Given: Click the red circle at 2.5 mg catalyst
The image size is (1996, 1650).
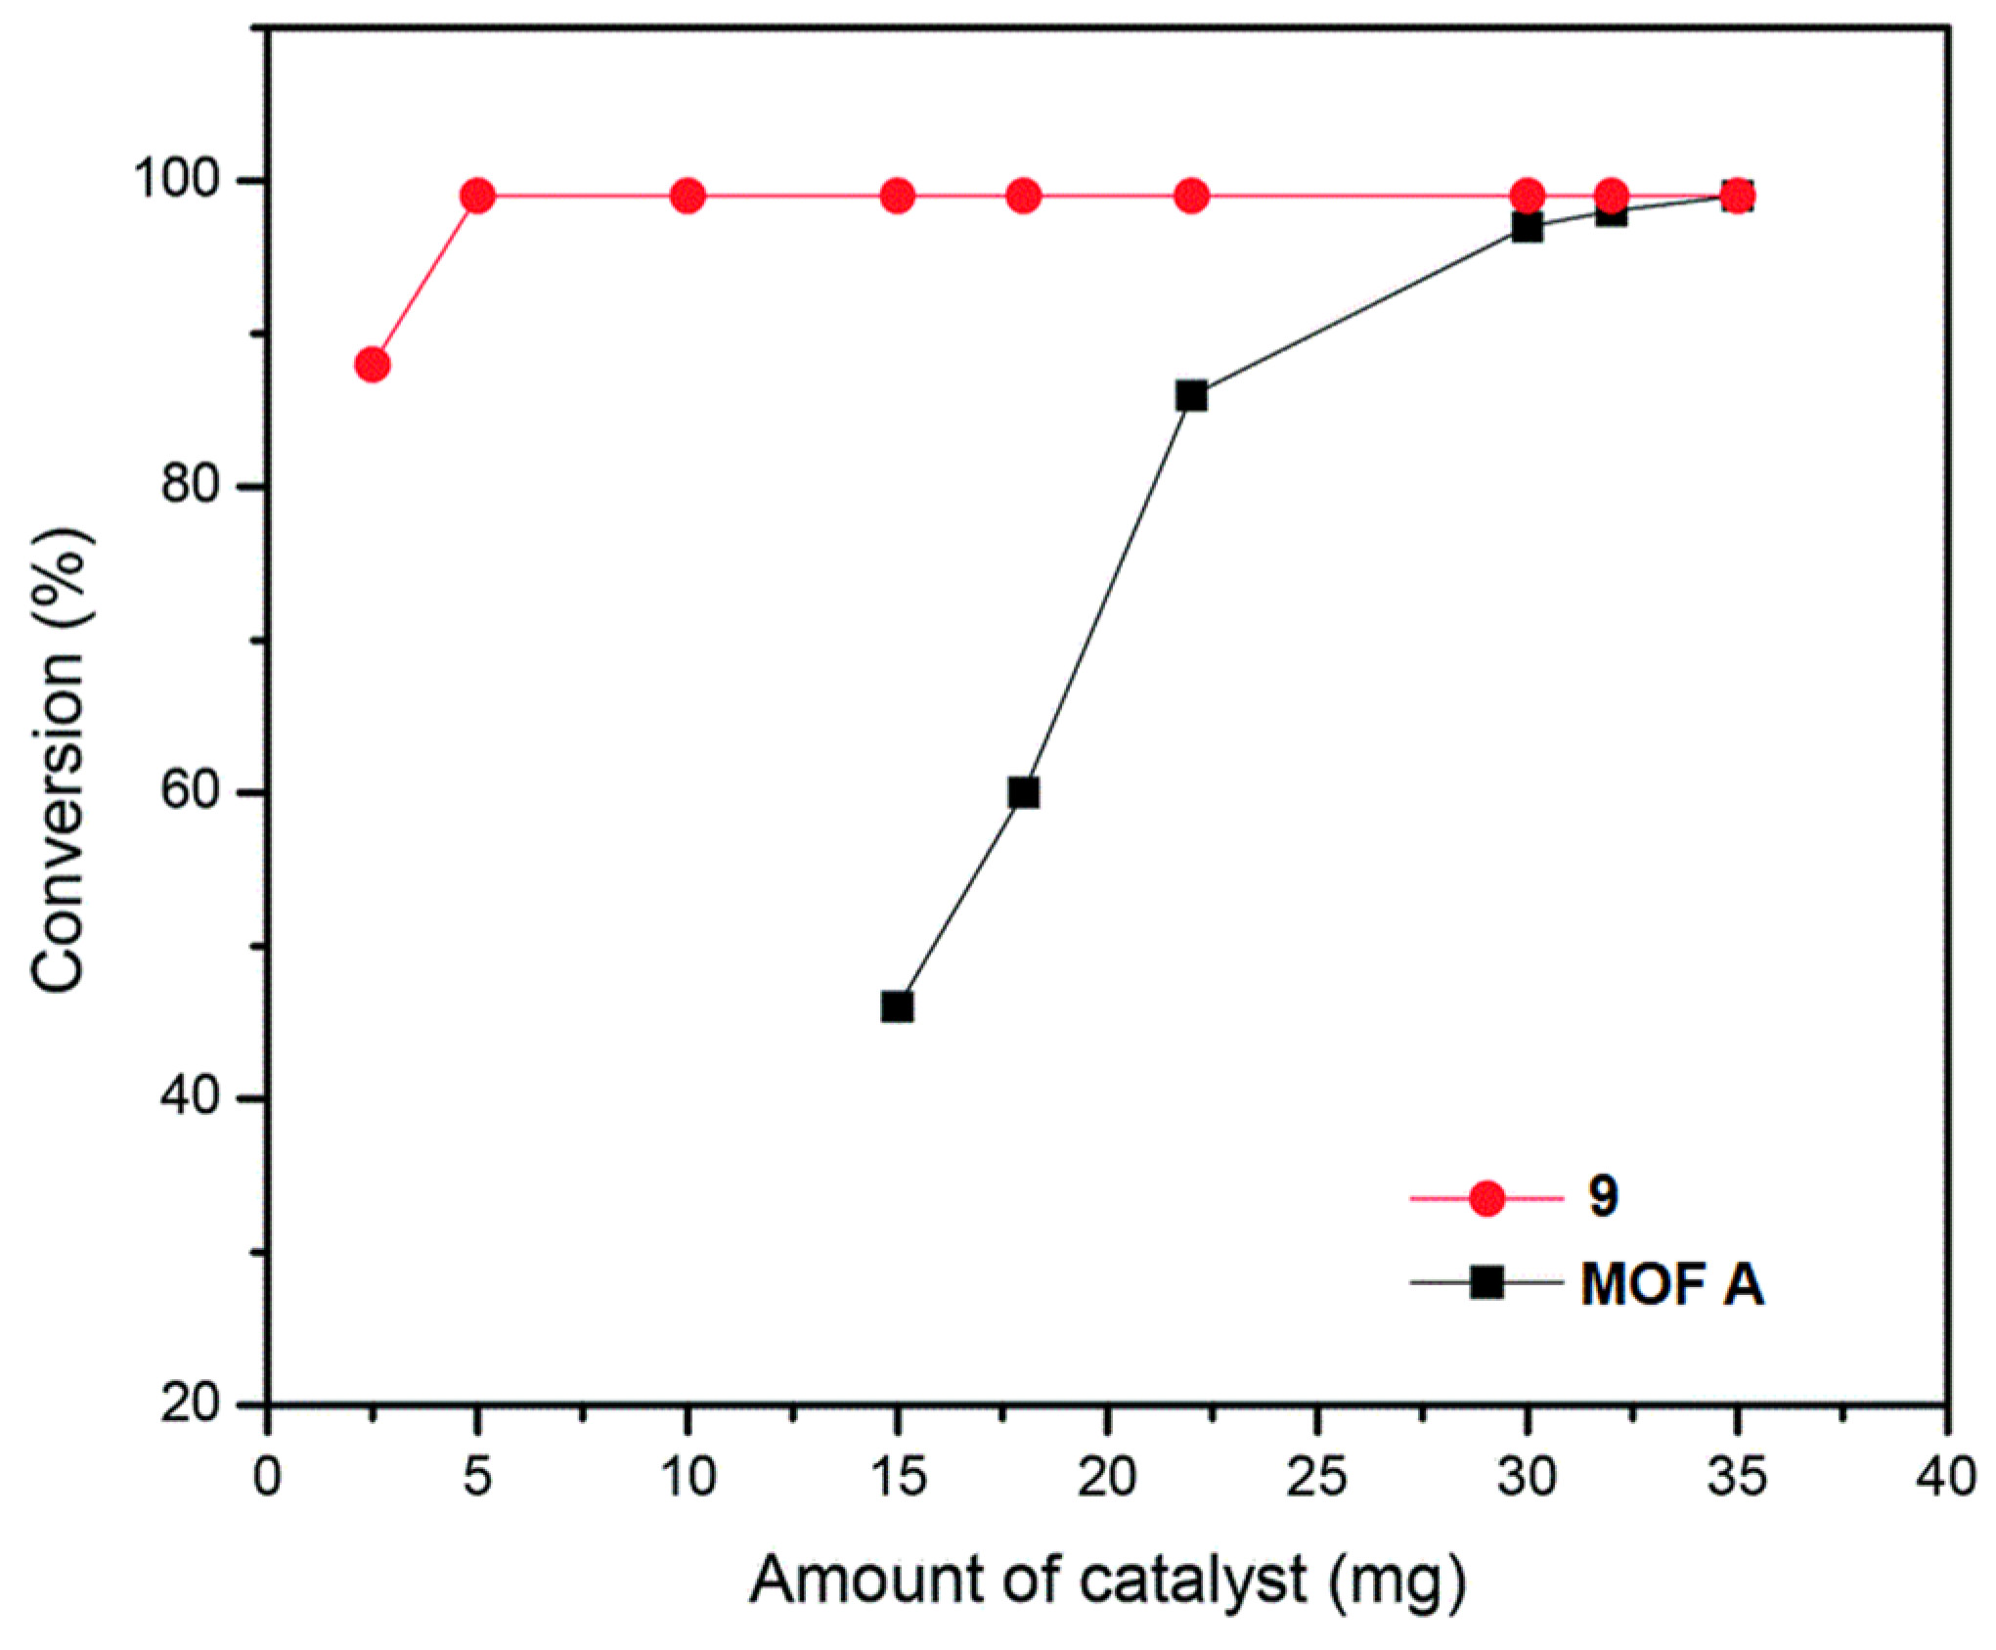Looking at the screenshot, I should tap(372, 365).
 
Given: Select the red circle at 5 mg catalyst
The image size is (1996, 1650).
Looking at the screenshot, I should tap(477, 197).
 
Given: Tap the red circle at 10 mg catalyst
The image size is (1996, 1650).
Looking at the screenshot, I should tap(688, 197).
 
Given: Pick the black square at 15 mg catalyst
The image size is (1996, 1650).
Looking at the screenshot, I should tap(897, 1006).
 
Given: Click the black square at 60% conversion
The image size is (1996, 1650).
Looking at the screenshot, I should tap(1023, 792).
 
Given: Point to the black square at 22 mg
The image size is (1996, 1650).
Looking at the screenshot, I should tap(1191, 396).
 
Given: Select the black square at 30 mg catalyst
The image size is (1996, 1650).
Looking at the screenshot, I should tap(1527, 228).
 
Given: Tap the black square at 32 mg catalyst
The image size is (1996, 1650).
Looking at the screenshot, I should tap(1611, 213).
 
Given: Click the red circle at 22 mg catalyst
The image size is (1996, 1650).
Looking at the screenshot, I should tap(1191, 197).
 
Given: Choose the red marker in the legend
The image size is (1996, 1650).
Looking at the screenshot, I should tap(1486, 1197).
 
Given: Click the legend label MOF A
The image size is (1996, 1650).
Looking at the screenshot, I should tap(1671, 1283).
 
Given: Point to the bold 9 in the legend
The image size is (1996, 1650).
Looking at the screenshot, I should tap(1603, 1195).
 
